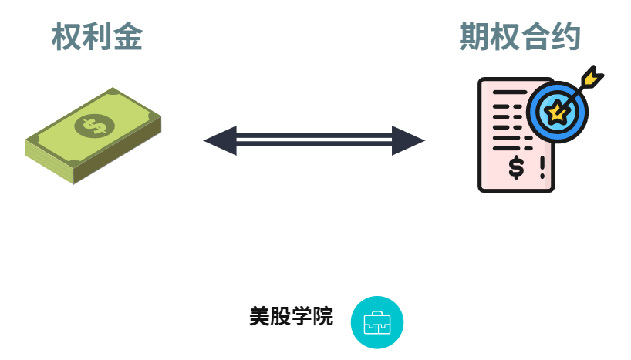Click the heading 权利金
(97, 37)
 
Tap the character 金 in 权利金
(128, 37)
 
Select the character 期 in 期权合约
(474, 37)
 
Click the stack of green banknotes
(93, 136)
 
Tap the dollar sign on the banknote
(96, 125)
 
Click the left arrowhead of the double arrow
(219, 141)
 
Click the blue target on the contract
(557, 112)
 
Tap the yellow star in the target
(556, 113)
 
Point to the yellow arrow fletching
(592, 77)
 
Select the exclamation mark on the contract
(542, 166)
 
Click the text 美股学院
(291, 317)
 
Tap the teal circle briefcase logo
(377, 322)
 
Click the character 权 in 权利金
(67, 37)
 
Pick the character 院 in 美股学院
(324, 317)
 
